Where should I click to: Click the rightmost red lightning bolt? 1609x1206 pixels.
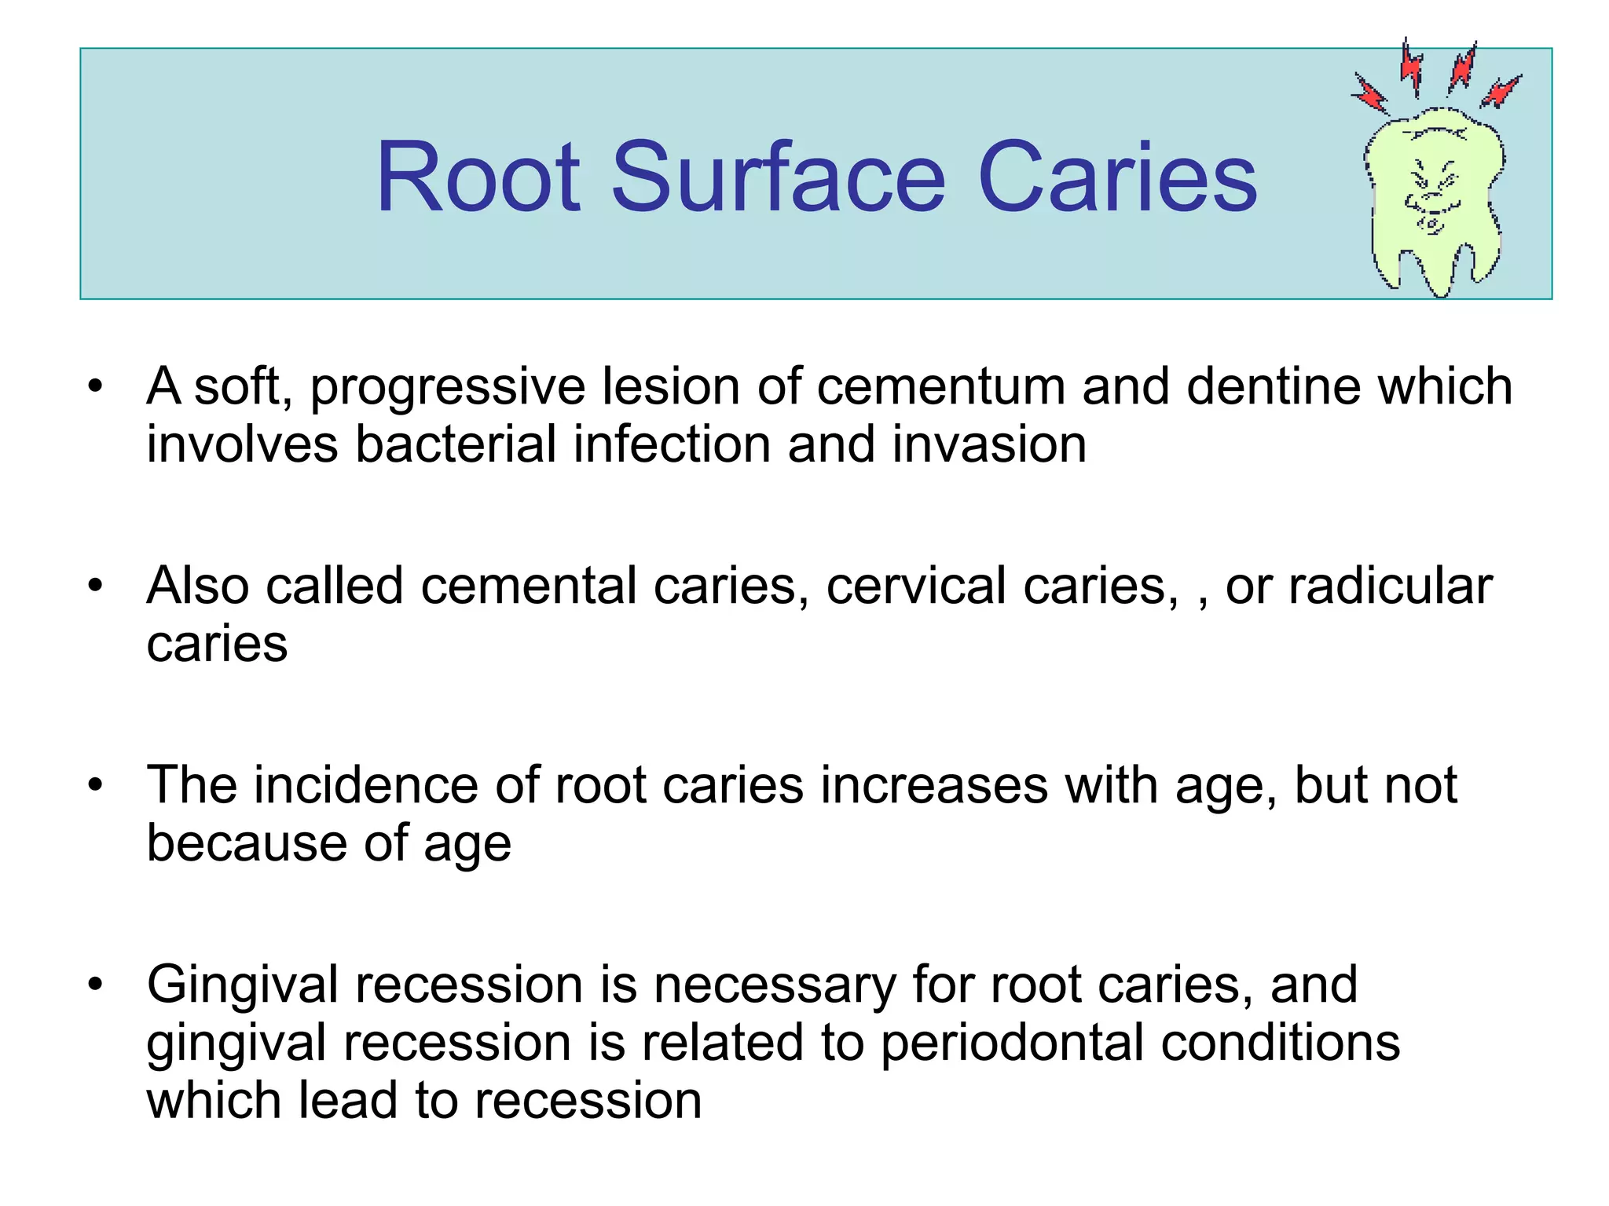1501,91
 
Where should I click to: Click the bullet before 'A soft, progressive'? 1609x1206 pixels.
96,386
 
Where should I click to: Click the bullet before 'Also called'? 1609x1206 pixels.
96,586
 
